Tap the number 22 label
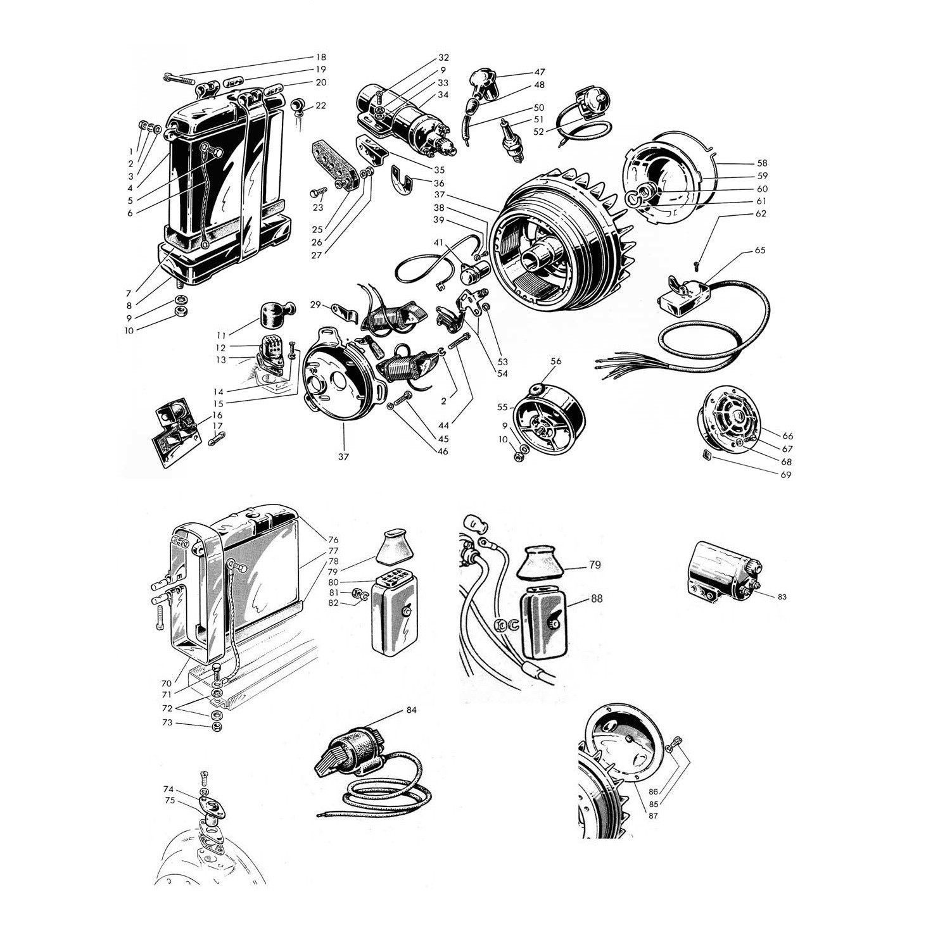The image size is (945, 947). point(320,105)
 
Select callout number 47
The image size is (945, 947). point(539,72)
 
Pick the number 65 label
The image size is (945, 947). point(760,250)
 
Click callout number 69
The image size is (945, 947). point(786,474)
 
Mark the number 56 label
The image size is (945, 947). point(556,361)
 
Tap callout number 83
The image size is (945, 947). point(782,597)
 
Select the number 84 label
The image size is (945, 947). point(412,710)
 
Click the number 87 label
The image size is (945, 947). point(653,816)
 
